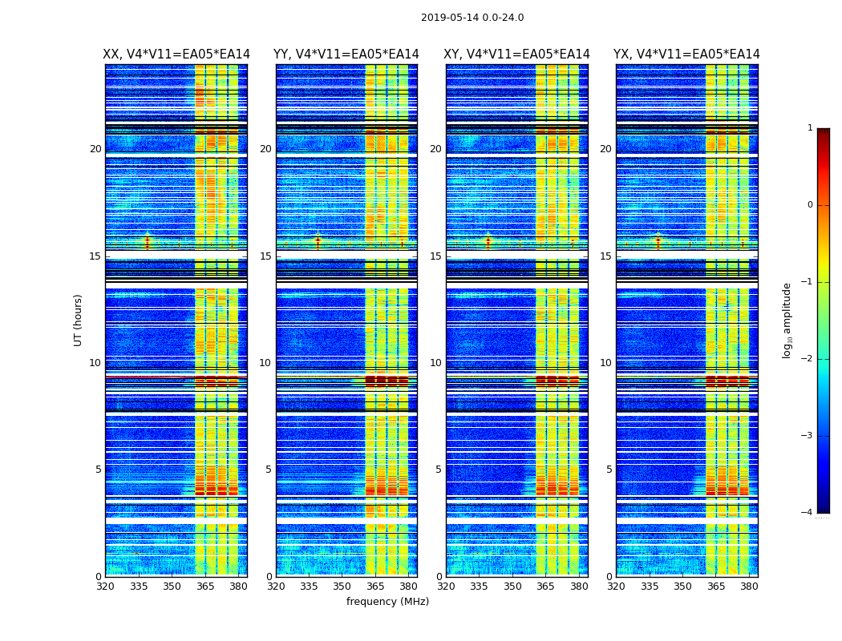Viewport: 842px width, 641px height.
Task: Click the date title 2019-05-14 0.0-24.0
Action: pos(472,18)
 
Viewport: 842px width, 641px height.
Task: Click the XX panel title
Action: pos(176,54)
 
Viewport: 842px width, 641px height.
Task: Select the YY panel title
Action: pos(346,54)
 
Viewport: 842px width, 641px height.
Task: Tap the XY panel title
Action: pos(517,54)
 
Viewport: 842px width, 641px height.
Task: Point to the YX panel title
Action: pos(686,54)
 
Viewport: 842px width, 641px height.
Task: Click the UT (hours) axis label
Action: pos(79,320)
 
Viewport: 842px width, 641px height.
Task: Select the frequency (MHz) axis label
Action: pos(387,602)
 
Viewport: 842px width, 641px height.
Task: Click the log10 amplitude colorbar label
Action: pos(787,320)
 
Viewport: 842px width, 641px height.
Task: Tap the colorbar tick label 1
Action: pos(810,128)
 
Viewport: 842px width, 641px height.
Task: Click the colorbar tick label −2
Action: pos(808,359)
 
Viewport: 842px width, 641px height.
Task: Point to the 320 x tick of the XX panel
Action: pos(105,586)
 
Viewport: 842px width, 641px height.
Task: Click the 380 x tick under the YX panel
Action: pos(749,586)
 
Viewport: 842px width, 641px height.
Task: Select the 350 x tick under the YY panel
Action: pos(342,586)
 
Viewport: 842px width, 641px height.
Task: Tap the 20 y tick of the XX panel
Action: pos(95,149)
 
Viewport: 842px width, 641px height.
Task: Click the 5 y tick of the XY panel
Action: pos(439,470)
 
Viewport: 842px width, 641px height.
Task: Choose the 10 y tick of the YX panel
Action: pos(605,363)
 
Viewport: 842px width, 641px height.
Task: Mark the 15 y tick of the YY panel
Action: pos(265,256)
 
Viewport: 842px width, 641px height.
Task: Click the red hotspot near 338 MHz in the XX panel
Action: pos(147,239)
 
